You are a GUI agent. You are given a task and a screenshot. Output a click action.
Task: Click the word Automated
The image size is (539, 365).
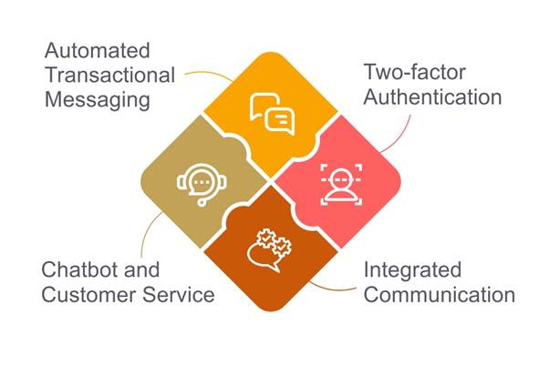click(x=98, y=51)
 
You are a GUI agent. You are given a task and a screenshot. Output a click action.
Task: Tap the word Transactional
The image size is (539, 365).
click(x=110, y=76)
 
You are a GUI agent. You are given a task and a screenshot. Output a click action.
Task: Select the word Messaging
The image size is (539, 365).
click(x=98, y=100)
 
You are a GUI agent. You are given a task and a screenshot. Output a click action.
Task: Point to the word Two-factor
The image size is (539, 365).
click(x=415, y=72)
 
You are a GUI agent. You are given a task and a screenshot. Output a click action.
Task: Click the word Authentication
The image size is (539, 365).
click(x=432, y=97)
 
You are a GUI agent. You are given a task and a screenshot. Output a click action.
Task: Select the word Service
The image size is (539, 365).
click(x=179, y=295)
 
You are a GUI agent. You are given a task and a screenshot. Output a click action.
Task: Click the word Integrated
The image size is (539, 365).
click(x=412, y=270)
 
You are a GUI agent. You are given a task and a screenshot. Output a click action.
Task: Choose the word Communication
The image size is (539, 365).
click(x=440, y=295)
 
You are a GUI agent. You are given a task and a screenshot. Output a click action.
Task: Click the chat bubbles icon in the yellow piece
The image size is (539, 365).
click(x=272, y=114)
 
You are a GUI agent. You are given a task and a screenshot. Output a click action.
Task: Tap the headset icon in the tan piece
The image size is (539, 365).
click(x=202, y=185)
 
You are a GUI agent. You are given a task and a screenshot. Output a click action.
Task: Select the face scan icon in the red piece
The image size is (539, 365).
click(x=341, y=185)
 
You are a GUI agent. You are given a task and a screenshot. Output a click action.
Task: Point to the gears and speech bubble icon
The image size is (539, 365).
click(x=269, y=249)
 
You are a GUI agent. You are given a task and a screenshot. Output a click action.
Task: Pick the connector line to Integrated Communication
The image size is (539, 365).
click(x=332, y=289)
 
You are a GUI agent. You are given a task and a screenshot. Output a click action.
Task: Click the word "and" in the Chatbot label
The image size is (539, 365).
click(x=142, y=269)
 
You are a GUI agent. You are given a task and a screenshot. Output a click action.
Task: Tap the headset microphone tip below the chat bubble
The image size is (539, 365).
click(x=202, y=203)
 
